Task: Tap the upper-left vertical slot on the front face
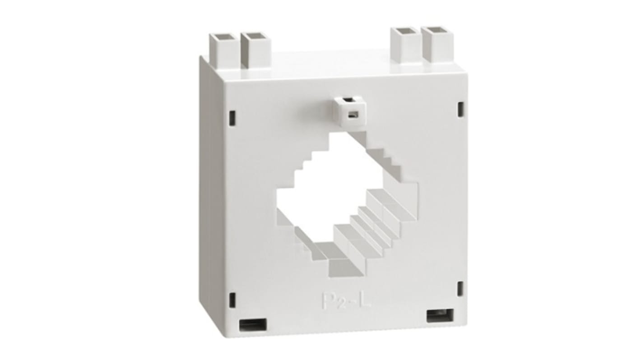[x=232, y=117]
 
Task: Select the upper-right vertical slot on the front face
[x=460, y=109]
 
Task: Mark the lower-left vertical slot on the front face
[x=232, y=300]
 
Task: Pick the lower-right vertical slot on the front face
[x=460, y=289]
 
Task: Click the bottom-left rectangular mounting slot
[x=252, y=324]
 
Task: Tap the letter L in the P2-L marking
[x=366, y=300]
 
